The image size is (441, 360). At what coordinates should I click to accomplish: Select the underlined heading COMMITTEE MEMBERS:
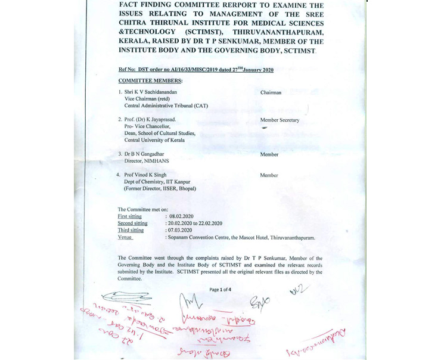click(150, 80)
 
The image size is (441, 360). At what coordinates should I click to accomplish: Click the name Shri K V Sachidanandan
click(151, 92)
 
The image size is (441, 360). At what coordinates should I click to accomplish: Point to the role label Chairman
click(271, 93)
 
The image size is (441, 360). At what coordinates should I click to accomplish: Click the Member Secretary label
click(279, 120)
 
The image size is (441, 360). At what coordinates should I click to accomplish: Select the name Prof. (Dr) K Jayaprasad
click(150, 120)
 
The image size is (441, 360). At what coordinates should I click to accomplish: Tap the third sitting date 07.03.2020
click(181, 230)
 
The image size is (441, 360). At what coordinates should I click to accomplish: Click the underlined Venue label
click(125, 237)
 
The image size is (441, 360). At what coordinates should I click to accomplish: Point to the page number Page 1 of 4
click(220, 290)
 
